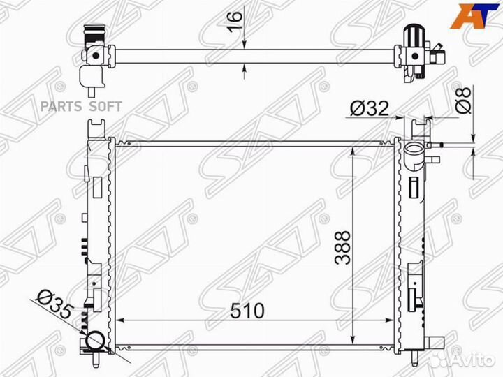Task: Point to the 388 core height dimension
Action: pyautogui.click(x=342, y=249)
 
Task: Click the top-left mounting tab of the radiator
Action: pyautogui.click(x=96, y=128)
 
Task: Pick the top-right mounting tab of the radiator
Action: pyautogui.click(x=421, y=126)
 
